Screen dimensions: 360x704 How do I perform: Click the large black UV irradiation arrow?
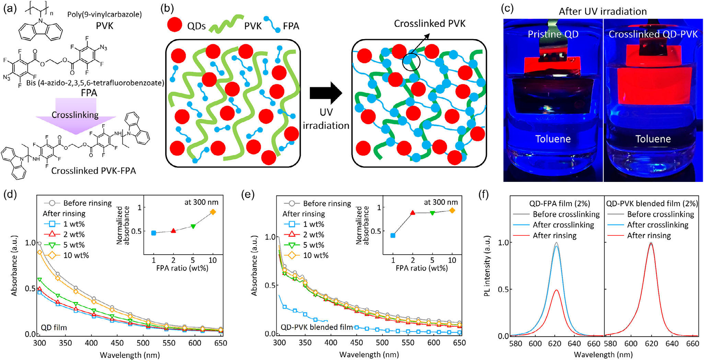click(x=325, y=93)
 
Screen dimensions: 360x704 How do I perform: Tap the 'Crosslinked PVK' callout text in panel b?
click(x=429, y=24)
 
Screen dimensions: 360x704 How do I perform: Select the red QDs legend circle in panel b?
click(x=175, y=25)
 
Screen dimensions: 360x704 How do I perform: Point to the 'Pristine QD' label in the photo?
click(x=553, y=34)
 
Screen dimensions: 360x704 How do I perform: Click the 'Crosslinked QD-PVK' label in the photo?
click(x=653, y=34)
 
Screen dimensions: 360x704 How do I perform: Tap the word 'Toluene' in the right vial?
click(x=653, y=139)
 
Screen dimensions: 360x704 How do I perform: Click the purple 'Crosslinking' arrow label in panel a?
click(x=75, y=115)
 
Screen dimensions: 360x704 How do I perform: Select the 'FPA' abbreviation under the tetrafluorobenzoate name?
click(x=89, y=93)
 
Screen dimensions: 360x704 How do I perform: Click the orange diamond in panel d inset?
click(x=213, y=212)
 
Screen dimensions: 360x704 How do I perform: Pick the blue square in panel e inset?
click(x=393, y=235)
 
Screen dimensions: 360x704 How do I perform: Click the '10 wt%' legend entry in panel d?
click(x=76, y=255)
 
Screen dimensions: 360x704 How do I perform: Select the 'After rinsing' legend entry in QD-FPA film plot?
click(x=554, y=236)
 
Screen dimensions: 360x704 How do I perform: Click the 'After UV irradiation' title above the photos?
click(x=602, y=11)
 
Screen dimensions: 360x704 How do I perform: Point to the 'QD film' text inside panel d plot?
click(x=54, y=328)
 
